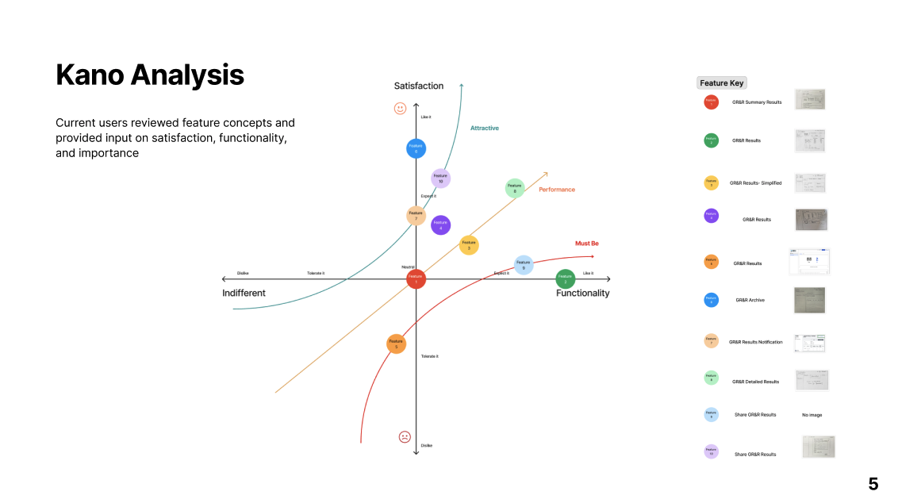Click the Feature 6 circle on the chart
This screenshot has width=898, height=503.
click(416, 148)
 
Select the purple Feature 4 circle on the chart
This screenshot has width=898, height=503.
click(441, 225)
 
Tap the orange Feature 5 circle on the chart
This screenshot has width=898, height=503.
click(396, 344)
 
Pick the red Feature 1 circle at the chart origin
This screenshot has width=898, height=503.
click(416, 279)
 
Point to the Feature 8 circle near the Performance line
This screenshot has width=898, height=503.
click(515, 188)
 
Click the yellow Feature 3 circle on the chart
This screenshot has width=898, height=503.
click(469, 245)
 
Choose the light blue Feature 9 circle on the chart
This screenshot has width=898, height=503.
click(523, 265)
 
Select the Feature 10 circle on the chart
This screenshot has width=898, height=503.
click(441, 179)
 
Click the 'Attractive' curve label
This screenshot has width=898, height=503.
click(485, 128)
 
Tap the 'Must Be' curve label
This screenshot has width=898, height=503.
click(586, 244)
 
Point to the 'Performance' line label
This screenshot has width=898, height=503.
click(557, 190)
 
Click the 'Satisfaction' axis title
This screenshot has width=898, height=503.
click(419, 86)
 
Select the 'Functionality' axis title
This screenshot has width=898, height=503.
click(582, 294)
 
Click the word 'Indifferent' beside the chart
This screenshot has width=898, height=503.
click(244, 294)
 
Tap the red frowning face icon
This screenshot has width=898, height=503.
click(405, 436)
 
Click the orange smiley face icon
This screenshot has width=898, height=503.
click(400, 108)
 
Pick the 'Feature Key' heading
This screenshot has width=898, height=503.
click(722, 83)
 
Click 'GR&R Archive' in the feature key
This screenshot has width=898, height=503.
click(750, 300)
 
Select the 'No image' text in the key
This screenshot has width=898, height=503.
click(812, 415)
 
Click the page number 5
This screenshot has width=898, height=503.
click(873, 484)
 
